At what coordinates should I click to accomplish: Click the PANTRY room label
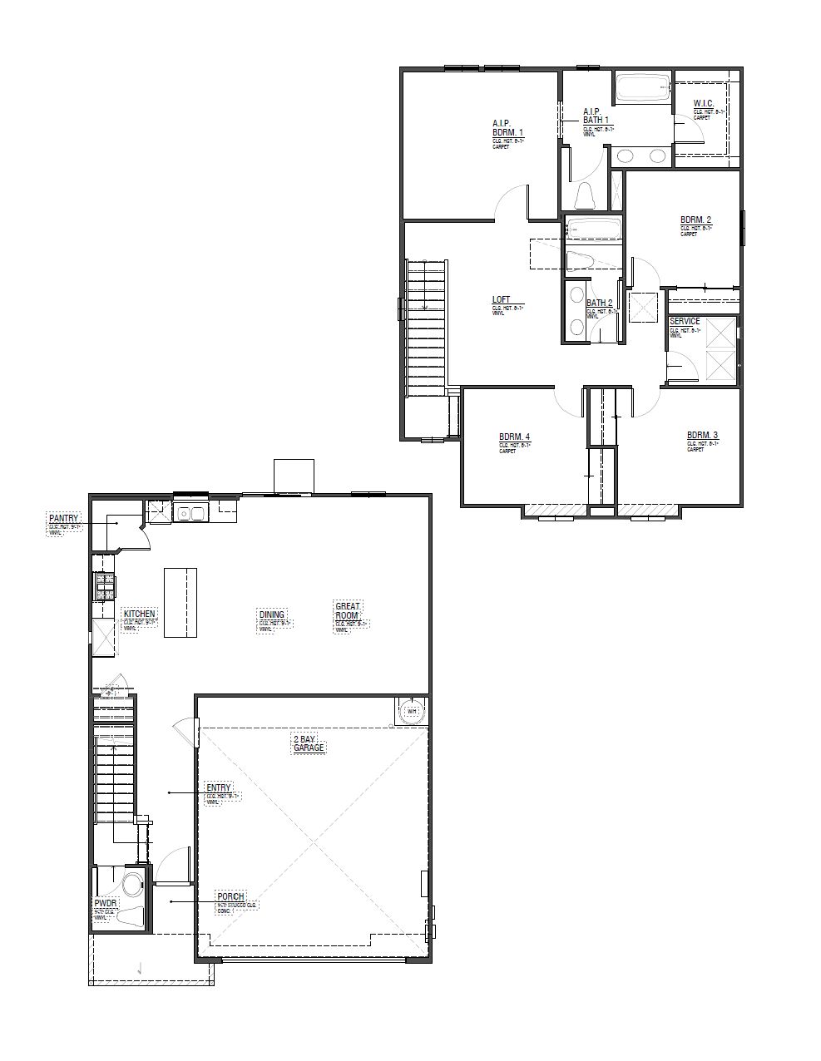(x=63, y=518)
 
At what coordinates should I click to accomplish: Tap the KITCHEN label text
(x=140, y=614)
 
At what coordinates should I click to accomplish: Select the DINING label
(x=272, y=615)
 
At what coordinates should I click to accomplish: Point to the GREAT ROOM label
(x=347, y=611)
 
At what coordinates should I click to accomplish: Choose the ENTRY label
(x=219, y=787)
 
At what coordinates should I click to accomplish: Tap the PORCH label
(x=230, y=896)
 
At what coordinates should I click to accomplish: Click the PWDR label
(x=105, y=902)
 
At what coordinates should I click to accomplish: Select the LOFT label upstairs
(x=501, y=300)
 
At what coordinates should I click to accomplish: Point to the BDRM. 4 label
(x=514, y=437)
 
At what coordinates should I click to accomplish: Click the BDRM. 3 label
(x=702, y=435)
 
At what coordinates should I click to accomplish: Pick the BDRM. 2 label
(x=695, y=220)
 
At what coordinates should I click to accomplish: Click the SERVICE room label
(x=685, y=321)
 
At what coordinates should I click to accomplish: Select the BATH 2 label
(x=599, y=303)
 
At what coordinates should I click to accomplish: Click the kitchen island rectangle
(x=181, y=602)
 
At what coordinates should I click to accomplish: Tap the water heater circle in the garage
(x=410, y=711)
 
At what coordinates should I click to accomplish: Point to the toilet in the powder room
(x=132, y=882)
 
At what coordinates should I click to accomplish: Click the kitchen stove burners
(x=105, y=586)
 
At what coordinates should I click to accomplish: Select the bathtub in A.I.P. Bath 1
(x=642, y=87)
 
